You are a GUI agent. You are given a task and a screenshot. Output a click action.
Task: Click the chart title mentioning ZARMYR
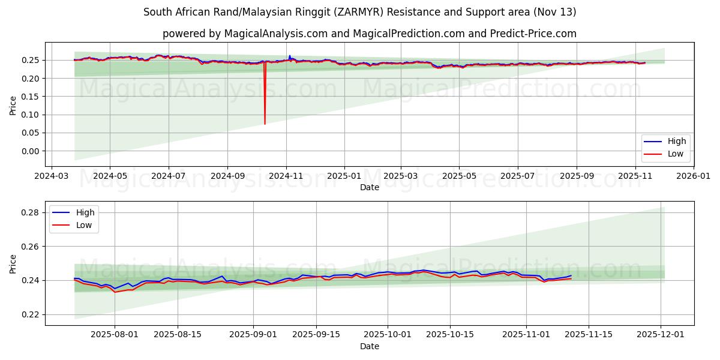point(360,12)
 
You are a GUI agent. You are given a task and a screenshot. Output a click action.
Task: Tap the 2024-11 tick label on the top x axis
point(286,176)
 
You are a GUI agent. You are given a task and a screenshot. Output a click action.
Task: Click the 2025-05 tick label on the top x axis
point(459,176)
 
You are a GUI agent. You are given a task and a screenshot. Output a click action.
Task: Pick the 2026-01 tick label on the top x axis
point(694,176)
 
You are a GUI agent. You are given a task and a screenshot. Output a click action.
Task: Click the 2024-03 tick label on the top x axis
point(51,176)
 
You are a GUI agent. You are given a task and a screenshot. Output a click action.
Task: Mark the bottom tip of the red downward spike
point(265,124)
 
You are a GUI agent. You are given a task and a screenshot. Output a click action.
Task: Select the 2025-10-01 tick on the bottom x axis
point(387,335)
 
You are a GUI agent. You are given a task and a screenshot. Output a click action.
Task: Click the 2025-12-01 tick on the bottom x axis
point(661,335)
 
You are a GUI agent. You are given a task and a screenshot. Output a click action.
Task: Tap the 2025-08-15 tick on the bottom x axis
point(178,335)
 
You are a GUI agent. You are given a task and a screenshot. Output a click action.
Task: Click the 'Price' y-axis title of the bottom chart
point(13,263)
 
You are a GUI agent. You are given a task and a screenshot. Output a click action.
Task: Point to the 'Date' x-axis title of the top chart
point(369,187)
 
